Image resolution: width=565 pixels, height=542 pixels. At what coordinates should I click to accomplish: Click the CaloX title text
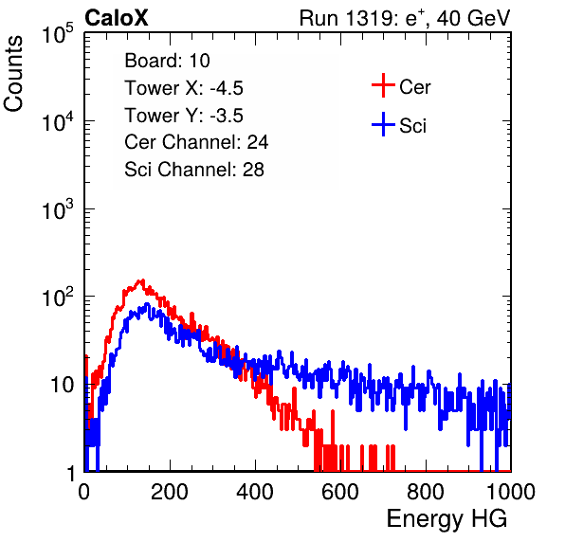click(117, 18)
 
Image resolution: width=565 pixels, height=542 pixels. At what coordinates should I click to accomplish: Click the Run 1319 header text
click(405, 18)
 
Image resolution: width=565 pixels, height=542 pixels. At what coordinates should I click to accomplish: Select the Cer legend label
click(414, 87)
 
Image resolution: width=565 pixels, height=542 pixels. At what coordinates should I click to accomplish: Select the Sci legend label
click(413, 126)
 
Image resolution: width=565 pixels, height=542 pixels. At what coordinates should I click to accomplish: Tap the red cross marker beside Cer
click(383, 85)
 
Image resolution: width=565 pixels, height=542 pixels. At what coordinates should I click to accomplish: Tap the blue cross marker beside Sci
click(383, 124)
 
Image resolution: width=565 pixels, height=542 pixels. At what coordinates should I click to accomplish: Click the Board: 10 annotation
click(167, 60)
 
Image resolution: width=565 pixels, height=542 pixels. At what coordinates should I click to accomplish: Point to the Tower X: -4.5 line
click(184, 88)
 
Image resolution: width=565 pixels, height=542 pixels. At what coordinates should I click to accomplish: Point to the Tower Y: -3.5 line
click(184, 116)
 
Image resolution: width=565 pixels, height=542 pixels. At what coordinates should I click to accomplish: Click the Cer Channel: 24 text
click(196, 142)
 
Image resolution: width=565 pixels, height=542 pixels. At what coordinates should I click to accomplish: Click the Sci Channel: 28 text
click(194, 170)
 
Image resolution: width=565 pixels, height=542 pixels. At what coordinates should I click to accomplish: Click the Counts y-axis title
click(13, 74)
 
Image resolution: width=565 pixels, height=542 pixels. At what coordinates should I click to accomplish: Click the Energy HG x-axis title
click(447, 519)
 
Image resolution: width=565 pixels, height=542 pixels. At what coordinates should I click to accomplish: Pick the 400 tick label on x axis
click(255, 492)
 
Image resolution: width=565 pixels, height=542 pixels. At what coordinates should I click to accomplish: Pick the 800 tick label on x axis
click(426, 492)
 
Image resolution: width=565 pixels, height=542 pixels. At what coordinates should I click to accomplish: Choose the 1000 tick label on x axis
click(511, 492)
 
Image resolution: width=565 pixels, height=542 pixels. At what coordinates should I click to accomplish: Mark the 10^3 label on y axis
click(58, 208)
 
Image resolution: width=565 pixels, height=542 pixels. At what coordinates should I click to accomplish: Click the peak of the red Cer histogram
click(143, 280)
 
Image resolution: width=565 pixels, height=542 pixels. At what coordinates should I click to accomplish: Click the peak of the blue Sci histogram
click(147, 303)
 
